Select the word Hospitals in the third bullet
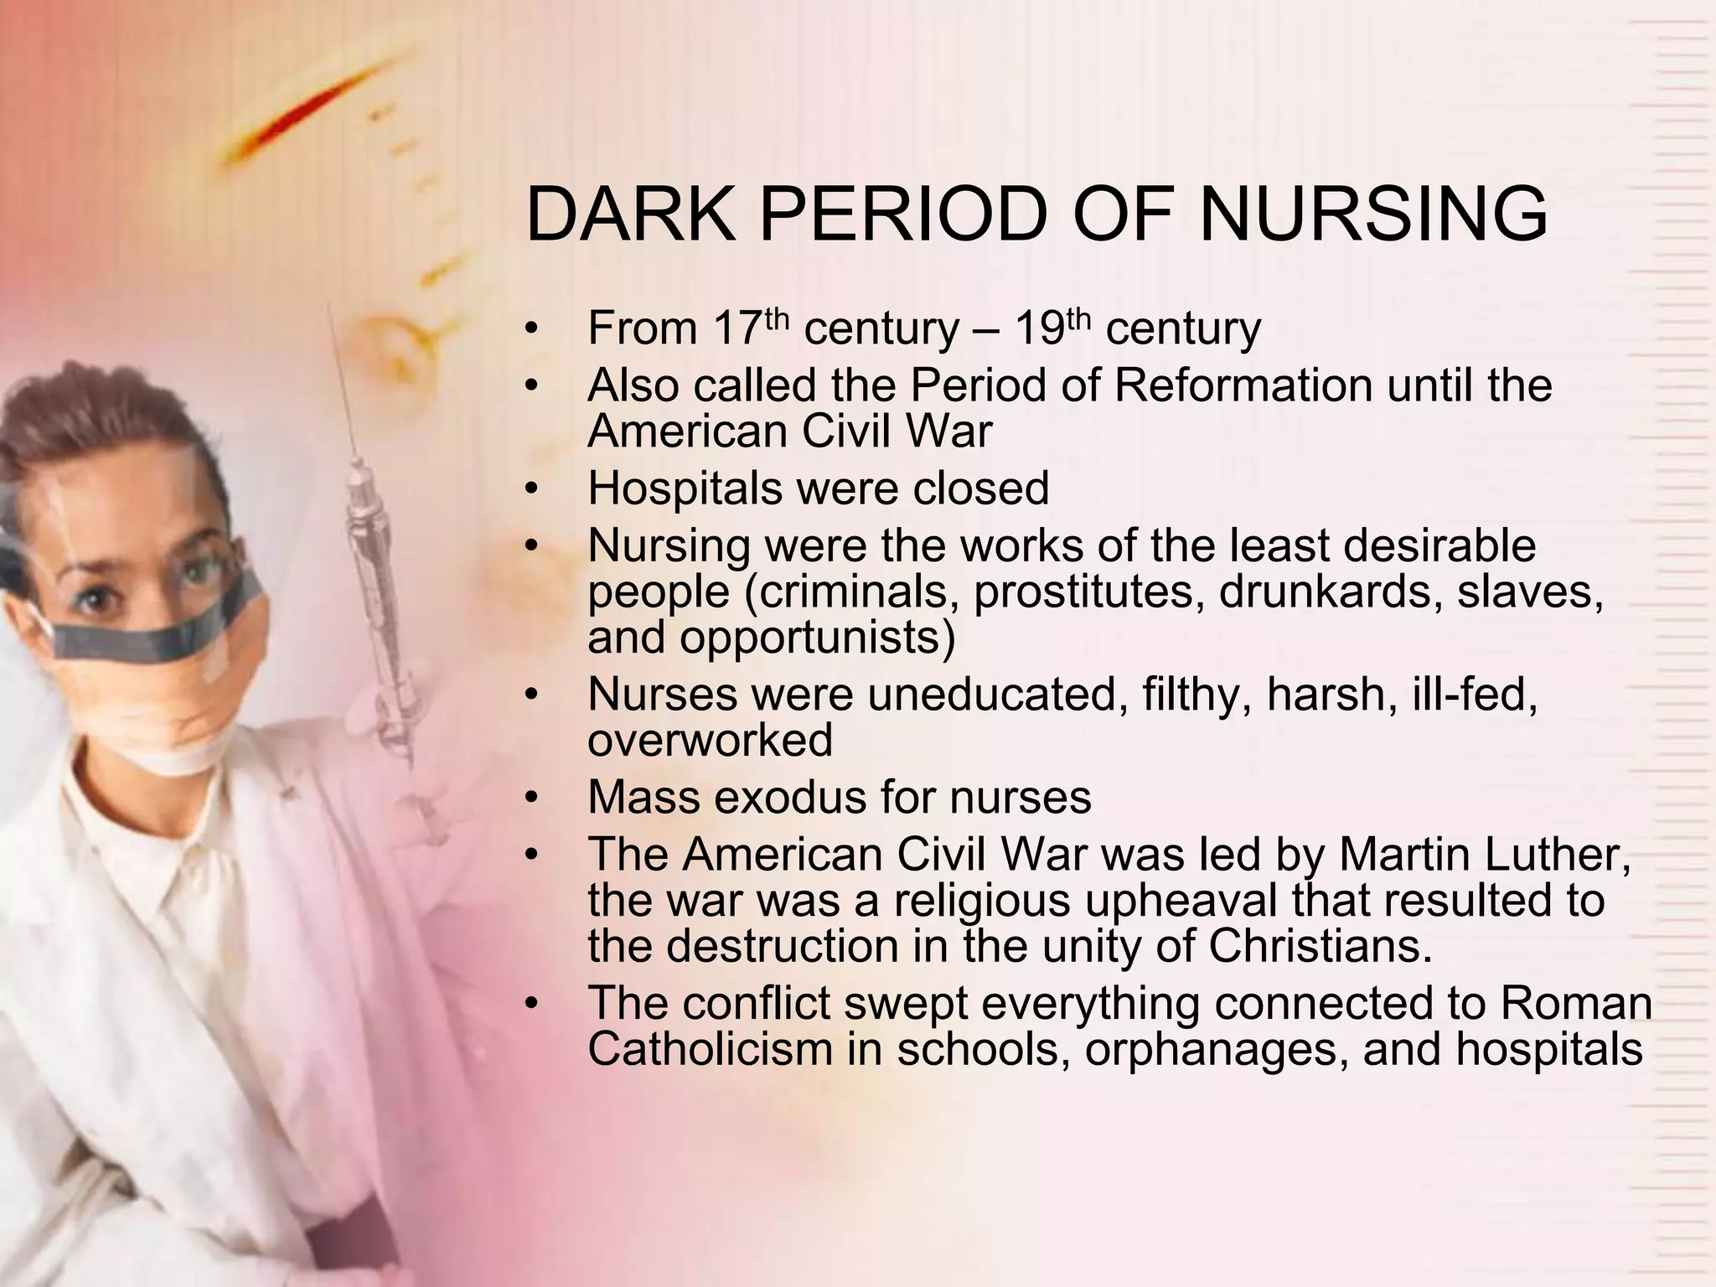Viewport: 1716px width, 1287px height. tap(680, 488)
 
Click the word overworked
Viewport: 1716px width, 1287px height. tap(710, 740)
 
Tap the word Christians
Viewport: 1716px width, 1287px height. tap(1319, 946)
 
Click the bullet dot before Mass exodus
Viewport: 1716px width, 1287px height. tap(529, 798)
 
